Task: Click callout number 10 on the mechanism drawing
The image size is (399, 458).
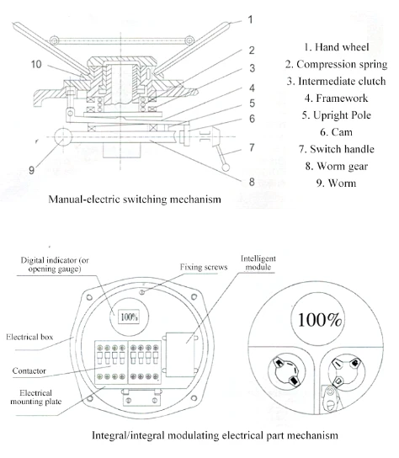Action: pos(36,64)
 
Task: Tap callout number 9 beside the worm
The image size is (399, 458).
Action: pos(31,170)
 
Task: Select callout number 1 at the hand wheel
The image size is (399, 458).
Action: pos(250,19)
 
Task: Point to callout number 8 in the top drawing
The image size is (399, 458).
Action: pos(252,182)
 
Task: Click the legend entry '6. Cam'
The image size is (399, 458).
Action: pos(336,132)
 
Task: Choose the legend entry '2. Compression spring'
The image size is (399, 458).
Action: pos(336,64)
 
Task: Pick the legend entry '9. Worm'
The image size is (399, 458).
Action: pos(336,184)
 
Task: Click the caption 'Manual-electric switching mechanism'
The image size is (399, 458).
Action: pos(135,200)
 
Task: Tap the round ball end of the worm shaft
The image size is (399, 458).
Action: pos(63,136)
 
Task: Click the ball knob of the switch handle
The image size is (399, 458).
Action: pos(226,168)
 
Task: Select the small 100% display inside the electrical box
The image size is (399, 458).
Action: pos(129,317)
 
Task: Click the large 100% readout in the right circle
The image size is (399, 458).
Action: pos(320,320)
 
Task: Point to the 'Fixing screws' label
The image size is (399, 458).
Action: pos(204,267)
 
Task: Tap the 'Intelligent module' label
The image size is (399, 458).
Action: pos(258,263)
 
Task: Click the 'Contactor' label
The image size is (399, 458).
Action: pos(29,371)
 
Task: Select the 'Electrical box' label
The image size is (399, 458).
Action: pos(29,337)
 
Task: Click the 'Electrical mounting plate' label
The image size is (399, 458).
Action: pos(36,397)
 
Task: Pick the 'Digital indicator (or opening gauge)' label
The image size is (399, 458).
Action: pos(55,264)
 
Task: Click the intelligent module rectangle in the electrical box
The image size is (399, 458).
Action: pos(180,354)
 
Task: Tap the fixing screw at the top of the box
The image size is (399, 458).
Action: pos(142,292)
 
